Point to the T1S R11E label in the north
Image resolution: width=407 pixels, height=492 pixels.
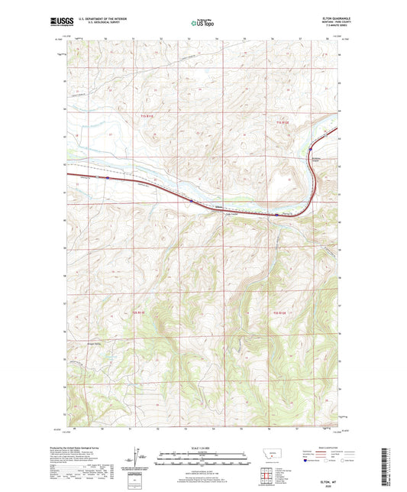click(x=147, y=115)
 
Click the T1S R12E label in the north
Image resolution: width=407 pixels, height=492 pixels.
click(x=283, y=121)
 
